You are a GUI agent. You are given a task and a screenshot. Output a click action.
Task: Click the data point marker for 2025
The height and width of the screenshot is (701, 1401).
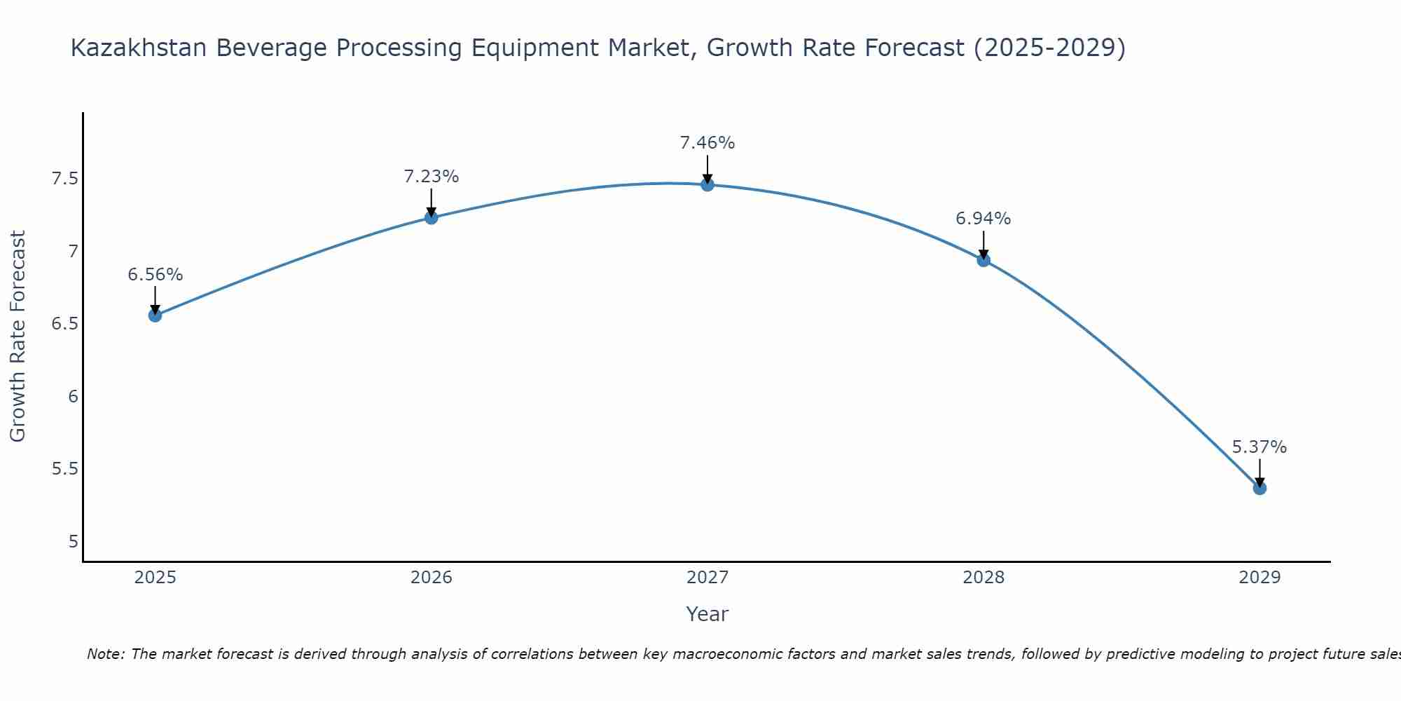tap(155, 315)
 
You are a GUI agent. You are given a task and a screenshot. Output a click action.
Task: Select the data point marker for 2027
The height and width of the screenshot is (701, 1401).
tap(708, 185)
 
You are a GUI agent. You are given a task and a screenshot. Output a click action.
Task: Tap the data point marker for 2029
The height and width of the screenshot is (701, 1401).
tap(1259, 488)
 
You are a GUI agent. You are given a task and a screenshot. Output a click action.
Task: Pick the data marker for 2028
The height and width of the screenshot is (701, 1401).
tap(984, 260)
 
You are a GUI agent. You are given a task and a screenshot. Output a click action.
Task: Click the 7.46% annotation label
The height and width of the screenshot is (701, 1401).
tap(708, 143)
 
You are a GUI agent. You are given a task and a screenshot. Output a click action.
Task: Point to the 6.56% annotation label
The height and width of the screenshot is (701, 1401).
tap(155, 275)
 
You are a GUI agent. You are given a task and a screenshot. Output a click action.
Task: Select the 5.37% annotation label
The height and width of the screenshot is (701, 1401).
tap(1259, 447)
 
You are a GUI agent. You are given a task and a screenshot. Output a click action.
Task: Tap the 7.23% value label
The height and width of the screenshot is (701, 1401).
tap(432, 177)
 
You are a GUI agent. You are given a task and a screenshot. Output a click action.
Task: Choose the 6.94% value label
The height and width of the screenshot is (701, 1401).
tap(984, 219)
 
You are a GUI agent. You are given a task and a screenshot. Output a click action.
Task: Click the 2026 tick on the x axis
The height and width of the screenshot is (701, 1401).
tap(432, 578)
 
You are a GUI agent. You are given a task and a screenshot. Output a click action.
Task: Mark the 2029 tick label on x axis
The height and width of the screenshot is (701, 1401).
tap(1259, 578)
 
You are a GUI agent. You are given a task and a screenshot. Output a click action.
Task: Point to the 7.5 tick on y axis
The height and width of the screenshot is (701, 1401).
tap(65, 179)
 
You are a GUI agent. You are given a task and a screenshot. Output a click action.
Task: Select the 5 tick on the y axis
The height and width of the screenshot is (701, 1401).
tap(74, 541)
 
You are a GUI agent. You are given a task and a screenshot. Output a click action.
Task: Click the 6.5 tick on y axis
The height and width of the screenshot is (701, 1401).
tap(65, 324)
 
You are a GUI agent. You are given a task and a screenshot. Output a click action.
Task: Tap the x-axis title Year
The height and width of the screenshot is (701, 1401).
tap(708, 614)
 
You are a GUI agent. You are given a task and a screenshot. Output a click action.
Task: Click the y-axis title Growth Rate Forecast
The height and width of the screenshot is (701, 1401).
tap(18, 336)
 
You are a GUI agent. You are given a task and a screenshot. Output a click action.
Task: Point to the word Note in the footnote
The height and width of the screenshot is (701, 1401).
tap(105, 654)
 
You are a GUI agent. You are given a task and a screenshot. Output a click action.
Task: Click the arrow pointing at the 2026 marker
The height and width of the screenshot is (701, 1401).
tap(432, 204)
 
